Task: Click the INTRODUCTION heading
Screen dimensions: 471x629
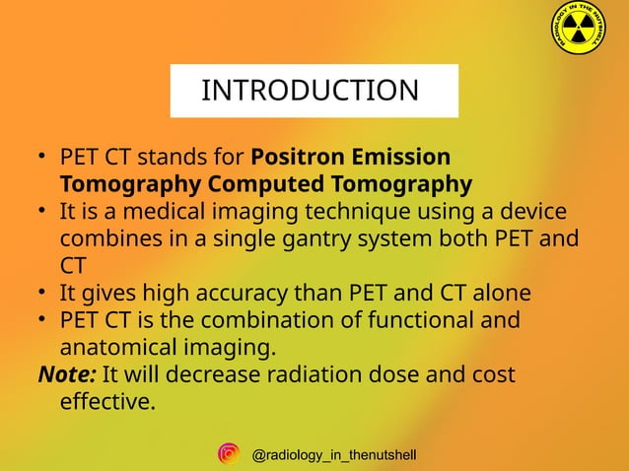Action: [x=310, y=91]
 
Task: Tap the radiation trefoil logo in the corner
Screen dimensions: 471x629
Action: [x=578, y=32]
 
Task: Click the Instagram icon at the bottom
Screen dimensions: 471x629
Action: [x=229, y=453]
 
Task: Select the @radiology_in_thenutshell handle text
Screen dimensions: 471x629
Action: [x=334, y=454]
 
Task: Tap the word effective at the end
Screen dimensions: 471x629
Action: [x=106, y=401]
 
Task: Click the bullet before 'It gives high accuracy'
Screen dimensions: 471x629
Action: [x=44, y=294]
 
